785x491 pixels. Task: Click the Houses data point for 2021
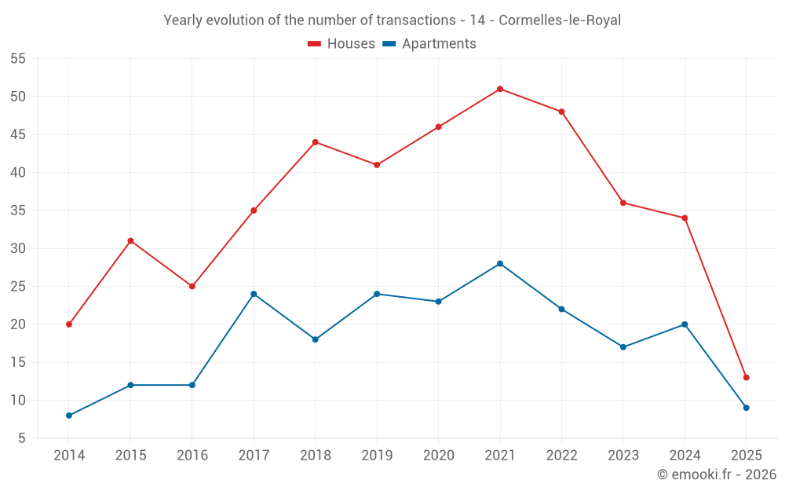click(x=500, y=89)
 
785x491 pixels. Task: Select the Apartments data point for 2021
click(x=500, y=264)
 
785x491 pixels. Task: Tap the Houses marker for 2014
click(x=69, y=324)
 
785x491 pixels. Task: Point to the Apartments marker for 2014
click(x=69, y=416)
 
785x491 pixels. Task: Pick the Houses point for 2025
click(x=747, y=378)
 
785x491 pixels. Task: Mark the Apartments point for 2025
click(x=747, y=408)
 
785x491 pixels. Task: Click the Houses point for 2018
click(x=316, y=142)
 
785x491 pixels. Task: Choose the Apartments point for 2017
click(x=254, y=294)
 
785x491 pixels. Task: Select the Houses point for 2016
click(x=192, y=287)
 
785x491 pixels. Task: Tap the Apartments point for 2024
click(x=685, y=324)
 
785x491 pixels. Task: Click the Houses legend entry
click(x=341, y=44)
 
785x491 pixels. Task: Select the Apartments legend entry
click(x=429, y=44)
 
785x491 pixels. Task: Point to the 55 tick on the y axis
click(x=18, y=59)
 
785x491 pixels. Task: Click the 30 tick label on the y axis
click(x=18, y=248)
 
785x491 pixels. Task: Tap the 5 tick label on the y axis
click(x=22, y=438)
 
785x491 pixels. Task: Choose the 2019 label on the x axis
click(x=377, y=456)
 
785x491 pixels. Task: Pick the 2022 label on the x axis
click(x=561, y=456)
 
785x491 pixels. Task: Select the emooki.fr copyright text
click(x=716, y=475)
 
